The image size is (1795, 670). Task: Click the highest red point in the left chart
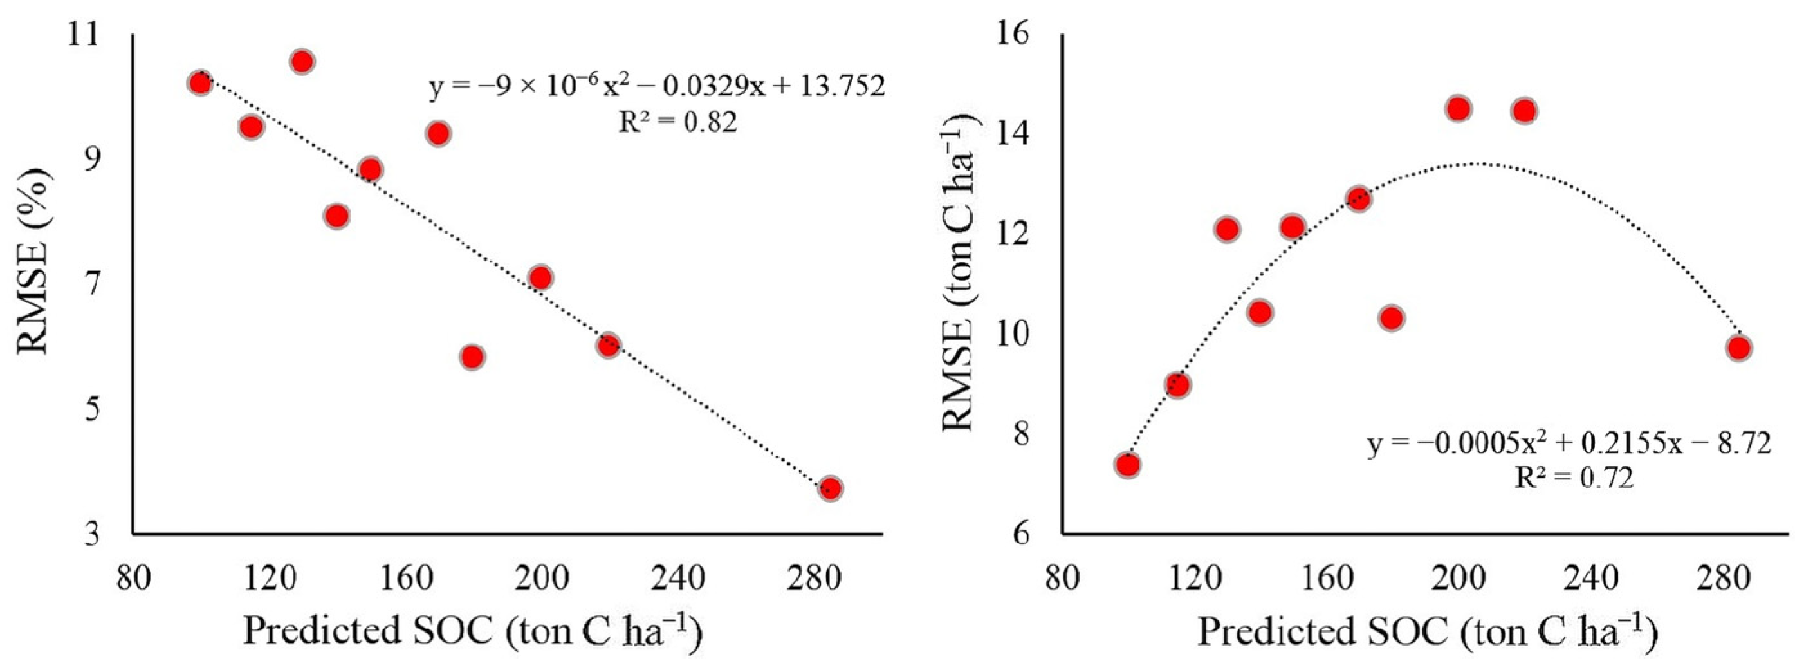coord(302,62)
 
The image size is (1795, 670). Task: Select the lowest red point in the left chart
coord(830,488)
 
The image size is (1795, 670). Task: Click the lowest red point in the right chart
coord(1127,464)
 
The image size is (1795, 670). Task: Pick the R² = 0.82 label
coord(678,124)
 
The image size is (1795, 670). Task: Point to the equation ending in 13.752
coord(656,87)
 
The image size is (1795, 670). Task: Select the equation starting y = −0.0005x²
coord(1568,443)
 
